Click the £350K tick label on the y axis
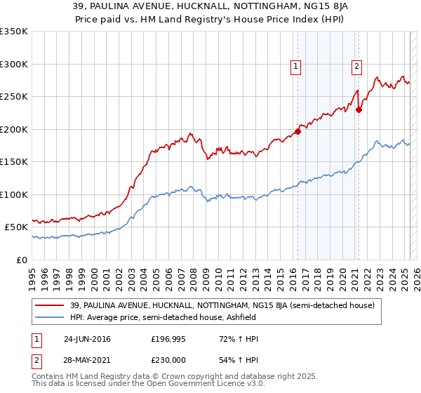click(x=14, y=32)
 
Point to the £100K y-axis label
click(x=14, y=194)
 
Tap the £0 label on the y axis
click(x=20, y=260)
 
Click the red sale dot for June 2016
click(x=298, y=131)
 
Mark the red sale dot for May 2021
click(x=359, y=109)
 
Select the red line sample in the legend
click(x=50, y=305)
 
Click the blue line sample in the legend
click(x=50, y=318)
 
